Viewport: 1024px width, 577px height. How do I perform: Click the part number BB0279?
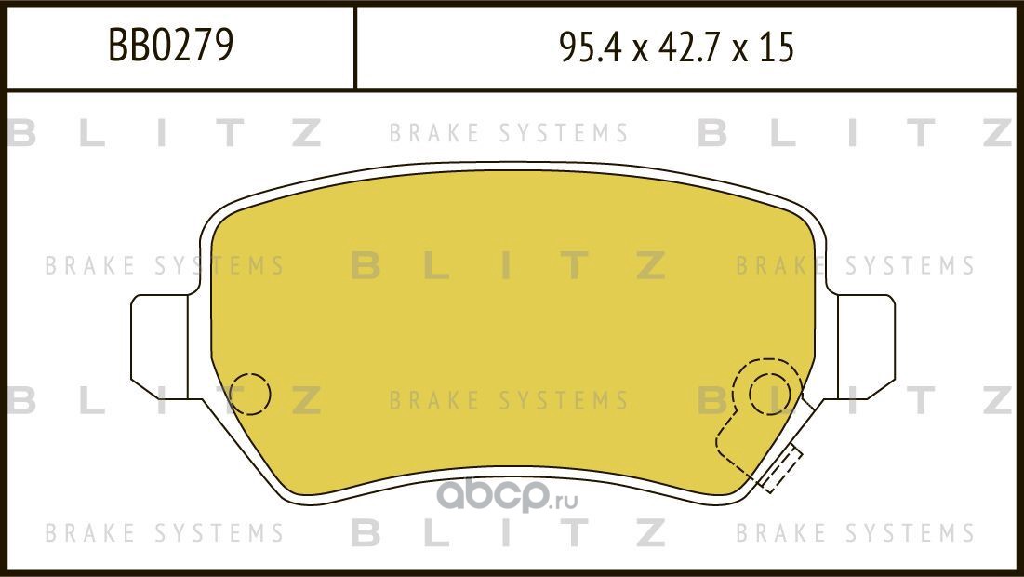[171, 47]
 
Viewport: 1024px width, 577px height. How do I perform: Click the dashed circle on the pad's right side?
[769, 393]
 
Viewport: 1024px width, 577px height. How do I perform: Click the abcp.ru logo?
[508, 498]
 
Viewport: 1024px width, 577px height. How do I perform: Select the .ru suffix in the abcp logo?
[565, 503]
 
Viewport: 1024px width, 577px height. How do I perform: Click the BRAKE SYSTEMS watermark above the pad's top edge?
[509, 134]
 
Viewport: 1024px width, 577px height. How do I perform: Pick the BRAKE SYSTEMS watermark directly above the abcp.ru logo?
[509, 401]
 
